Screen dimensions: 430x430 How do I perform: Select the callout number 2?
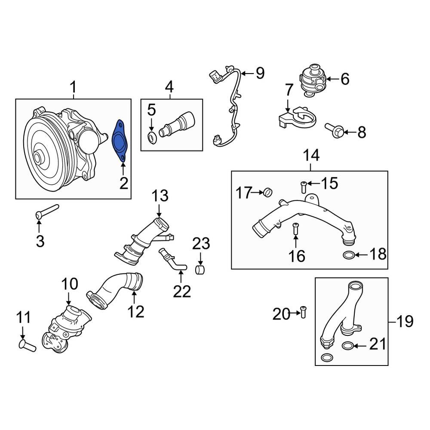[123, 184]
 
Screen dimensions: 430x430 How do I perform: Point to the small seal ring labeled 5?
[152, 138]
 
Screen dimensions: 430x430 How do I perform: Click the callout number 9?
[259, 74]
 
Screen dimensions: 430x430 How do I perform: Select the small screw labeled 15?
[303, 186]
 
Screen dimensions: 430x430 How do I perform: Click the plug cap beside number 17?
[268, 191]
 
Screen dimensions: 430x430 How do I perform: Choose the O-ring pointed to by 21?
[348, 345]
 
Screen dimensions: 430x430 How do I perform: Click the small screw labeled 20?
[304, 314]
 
